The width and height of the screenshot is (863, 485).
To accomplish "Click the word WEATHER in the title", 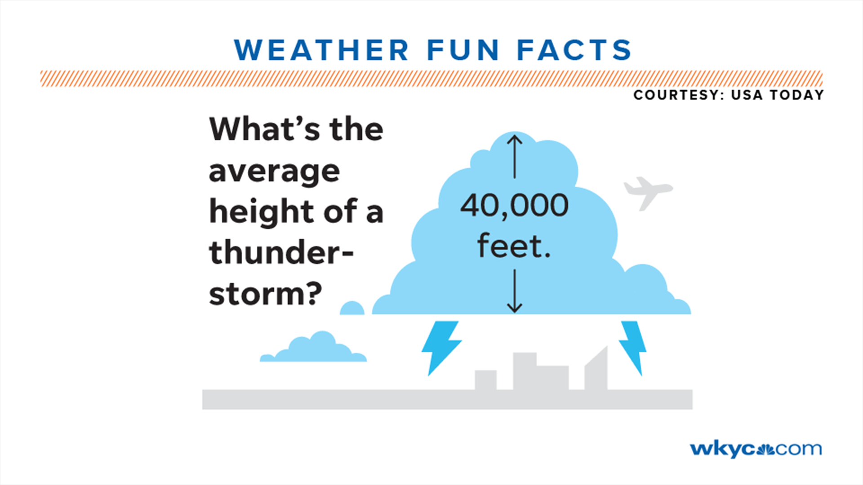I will pyautogui.click(x=321, y=50).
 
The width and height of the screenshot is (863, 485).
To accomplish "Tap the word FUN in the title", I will pyautogui.click(x=463, y=50).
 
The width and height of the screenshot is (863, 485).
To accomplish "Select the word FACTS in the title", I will pyautogui.click(x=574, y=50).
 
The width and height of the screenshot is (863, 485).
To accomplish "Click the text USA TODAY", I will pyautogui.click(x=777, y=95).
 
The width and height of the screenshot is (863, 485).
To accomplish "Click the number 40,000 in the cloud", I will pyautogui.click(x=514, y=206).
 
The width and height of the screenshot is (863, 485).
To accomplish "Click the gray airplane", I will pyautogui.click(x=647, y=192).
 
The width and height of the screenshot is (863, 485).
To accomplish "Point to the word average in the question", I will pyautogui.click(x=274, y=172).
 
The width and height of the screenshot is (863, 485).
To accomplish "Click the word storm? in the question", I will pyautogui.click(x=265, y=294).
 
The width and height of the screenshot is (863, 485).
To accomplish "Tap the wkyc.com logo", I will pyautogui.click(x=756, y=449).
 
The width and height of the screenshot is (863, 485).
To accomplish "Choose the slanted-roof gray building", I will pyautogui.click(x=597, y=370).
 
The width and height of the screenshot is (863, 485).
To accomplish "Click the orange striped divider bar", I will pyautogui.click(x=431, y=78).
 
